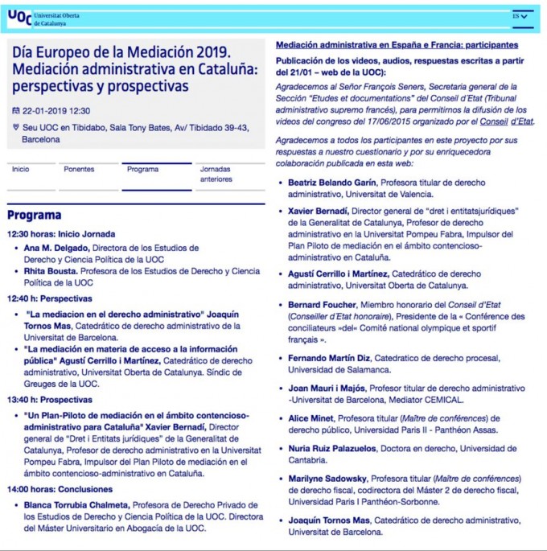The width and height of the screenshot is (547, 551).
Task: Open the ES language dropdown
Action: pos(521,16)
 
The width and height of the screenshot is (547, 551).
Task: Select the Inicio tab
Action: pos(21,169)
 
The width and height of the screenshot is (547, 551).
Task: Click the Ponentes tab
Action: pos(79,169)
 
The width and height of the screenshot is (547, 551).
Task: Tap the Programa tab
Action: pos(142,169)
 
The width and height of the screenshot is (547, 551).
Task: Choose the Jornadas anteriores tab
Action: pos(216,174)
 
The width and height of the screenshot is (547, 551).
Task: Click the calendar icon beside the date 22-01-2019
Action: pos(17,111)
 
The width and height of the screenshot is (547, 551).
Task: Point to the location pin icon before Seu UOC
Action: pos(17,127)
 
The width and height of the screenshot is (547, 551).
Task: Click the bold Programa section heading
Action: pos(35,215)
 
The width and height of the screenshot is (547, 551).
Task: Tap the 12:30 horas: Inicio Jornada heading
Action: pos(61,234)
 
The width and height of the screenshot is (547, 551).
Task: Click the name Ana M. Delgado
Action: pos(56,248)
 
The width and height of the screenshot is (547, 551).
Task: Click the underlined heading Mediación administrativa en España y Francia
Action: pos(397,45)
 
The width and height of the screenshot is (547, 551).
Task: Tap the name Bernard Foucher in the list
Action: pos(322,305)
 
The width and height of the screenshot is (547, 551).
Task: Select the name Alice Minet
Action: pos(310,418)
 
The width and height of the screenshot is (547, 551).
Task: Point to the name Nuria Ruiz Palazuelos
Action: pos(332,449)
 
